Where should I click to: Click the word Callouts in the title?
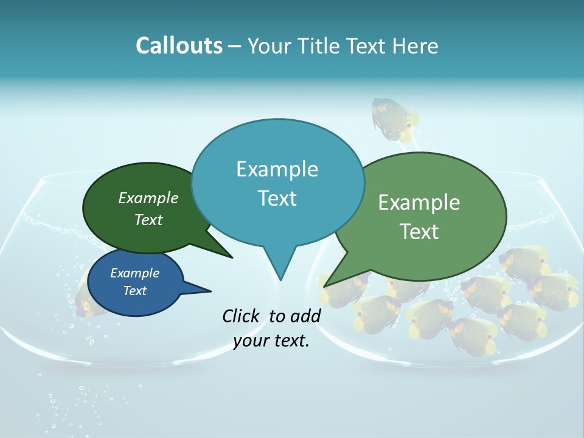coord(179,46)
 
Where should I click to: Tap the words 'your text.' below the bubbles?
coord(271,341)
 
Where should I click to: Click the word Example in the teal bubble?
coord(277,169)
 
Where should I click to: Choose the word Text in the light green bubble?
coord(419,232)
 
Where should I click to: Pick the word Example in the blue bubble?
coord(134,273)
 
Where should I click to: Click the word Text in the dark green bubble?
coord(148,220)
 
